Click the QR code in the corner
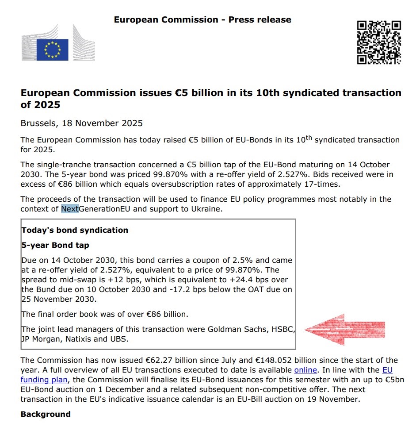(x=379, y=42)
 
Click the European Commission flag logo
(x=52, y=49)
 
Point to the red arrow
(x=344, y=329)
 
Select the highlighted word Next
(x=70, y=208)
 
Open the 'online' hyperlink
(x=305, y=369)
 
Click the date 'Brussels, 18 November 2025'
(x=82, y=123)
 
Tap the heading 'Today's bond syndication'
(x=75, y=230)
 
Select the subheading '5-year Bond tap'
(x=55, y=245)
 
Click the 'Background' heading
(x=46, y=414)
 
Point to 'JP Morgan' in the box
(x=39, y=339)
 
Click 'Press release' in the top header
(x=260, y=19)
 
